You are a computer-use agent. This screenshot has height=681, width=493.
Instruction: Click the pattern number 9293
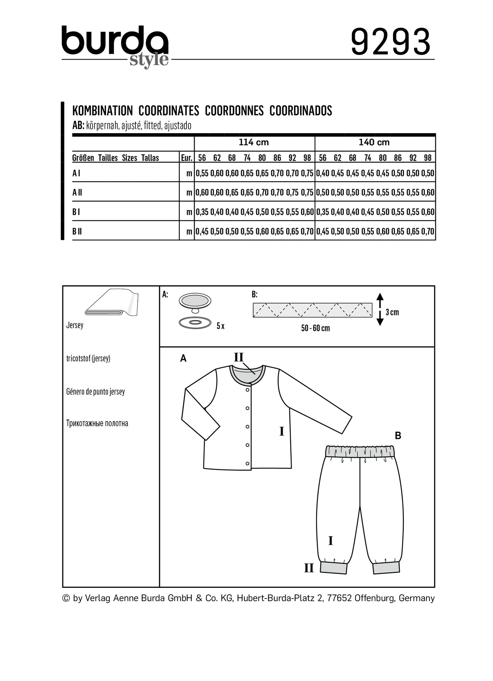tap(390, 42)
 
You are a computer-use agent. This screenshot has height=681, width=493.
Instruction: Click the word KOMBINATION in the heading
tap(103, 111)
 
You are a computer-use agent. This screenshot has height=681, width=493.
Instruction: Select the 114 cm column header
tap(253, 143)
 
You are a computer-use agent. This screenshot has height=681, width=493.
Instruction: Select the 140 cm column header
tap(374, 143)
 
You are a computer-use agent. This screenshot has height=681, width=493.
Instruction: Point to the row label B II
tap(77, 231)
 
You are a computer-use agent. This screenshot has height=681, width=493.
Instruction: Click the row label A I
tap(76, 173)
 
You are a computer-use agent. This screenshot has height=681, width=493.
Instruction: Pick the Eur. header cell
tap(187, 158)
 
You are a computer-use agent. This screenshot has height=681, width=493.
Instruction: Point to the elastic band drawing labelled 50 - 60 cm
tap(313, 310)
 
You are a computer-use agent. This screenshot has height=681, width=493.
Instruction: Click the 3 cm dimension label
tap(392, 313)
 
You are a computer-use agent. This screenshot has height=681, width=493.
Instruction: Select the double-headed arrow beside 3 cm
tap(380, 309)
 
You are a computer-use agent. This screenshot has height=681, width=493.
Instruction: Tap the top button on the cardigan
tap(247, 390)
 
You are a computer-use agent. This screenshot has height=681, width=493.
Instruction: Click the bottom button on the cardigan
tap(247, 463)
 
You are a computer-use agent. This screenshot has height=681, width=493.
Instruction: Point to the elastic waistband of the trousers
tap(360, 451)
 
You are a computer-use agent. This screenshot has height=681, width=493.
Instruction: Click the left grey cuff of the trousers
tap(333, 567)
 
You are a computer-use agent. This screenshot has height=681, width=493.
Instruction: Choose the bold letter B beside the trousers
tap(398, 436)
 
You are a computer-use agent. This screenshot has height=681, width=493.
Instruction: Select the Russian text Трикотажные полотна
tap(97, 423)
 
